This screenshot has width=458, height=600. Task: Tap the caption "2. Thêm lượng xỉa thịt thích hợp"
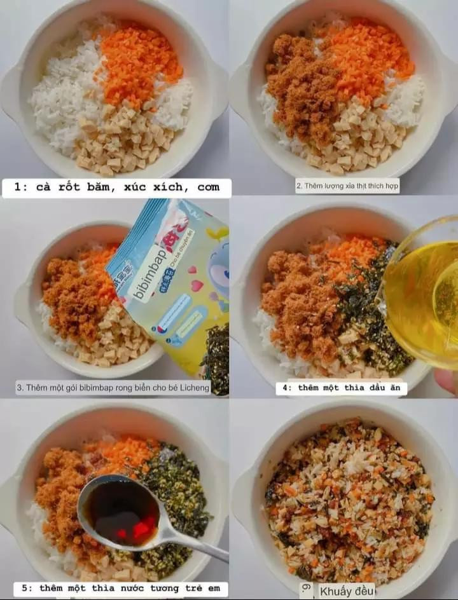tap(347, 186)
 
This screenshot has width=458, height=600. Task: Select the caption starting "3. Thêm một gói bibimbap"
tap(113, 387)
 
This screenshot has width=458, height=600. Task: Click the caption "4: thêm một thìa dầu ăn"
tap(341, 388)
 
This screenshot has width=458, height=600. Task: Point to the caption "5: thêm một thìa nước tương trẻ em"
tap(121, 588)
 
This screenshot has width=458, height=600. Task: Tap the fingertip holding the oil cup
tap(447, 380)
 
